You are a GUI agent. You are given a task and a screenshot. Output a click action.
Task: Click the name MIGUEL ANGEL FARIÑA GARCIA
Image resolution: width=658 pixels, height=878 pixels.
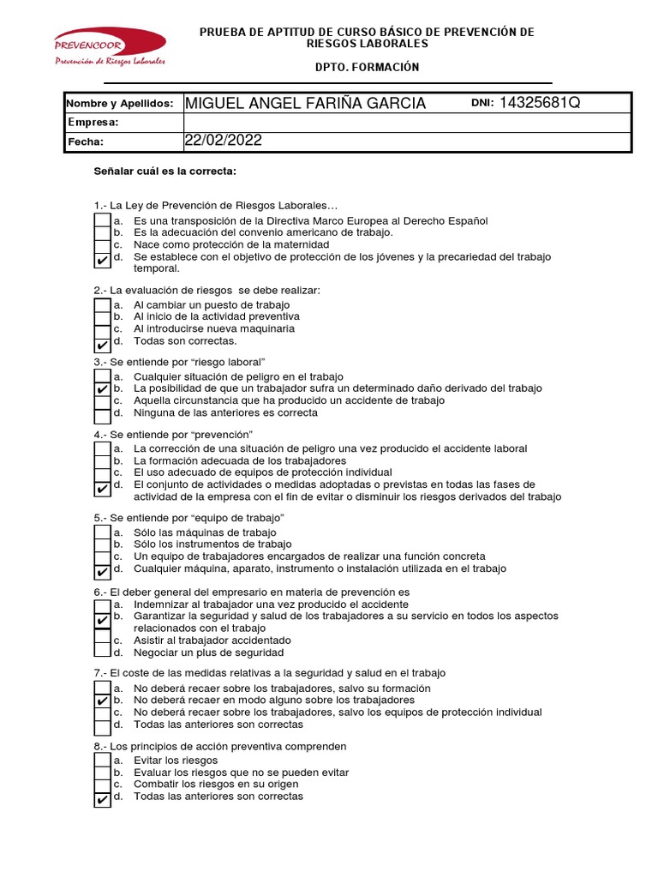click(x=305, y=104)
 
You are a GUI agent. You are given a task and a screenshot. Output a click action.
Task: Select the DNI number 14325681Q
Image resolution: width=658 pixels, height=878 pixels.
click(x=540, y=103)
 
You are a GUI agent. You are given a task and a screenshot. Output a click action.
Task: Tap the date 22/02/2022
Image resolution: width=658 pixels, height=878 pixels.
click(x=223, y=141)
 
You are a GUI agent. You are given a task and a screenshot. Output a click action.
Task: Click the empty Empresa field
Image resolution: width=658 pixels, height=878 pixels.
click(x=406, y=123)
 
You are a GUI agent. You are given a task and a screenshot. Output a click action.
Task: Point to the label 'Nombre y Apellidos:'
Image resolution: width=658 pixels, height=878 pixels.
click(x=120, y=104)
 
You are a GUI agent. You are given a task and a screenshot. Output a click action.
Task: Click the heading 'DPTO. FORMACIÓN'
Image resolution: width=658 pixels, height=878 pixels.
click(x=367, y=67)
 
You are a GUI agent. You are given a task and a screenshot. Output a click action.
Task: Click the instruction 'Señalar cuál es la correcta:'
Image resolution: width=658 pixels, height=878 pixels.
click(x=164, y=171)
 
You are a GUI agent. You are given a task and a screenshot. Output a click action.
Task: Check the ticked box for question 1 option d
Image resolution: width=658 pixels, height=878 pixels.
click(x=103, y=258)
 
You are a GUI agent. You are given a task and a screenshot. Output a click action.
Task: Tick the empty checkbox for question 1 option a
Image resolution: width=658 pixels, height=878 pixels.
click(x=103, y=220)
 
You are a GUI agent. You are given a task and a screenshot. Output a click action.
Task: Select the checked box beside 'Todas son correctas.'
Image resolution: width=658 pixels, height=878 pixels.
click(x=103, y=342)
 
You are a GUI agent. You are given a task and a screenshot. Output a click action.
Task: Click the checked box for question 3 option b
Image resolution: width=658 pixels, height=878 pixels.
click(x=103, y=389)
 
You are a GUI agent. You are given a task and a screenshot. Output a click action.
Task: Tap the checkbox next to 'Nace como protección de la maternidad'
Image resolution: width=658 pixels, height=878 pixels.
click(x=103, y=245)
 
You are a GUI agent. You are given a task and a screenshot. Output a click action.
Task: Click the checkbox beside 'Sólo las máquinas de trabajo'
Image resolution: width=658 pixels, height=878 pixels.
click(x=103, y=533)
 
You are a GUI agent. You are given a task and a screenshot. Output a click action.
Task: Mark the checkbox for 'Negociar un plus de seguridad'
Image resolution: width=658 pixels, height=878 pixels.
click(x=103, y=652)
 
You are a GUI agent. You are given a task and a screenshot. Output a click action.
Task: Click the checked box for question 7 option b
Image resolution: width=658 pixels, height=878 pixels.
click(x=103, y=701)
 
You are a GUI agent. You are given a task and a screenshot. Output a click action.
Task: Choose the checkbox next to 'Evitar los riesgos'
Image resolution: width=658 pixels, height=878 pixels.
click(x=103, y=761)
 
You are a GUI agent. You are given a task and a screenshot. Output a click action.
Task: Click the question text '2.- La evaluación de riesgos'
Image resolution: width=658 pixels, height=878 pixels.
click(x=206, y=290)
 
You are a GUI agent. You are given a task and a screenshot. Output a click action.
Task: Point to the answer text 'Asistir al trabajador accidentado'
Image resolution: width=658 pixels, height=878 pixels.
click(x=212, y=640)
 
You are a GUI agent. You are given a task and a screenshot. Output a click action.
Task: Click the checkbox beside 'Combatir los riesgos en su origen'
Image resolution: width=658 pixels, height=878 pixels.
click(x=103, y=785)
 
